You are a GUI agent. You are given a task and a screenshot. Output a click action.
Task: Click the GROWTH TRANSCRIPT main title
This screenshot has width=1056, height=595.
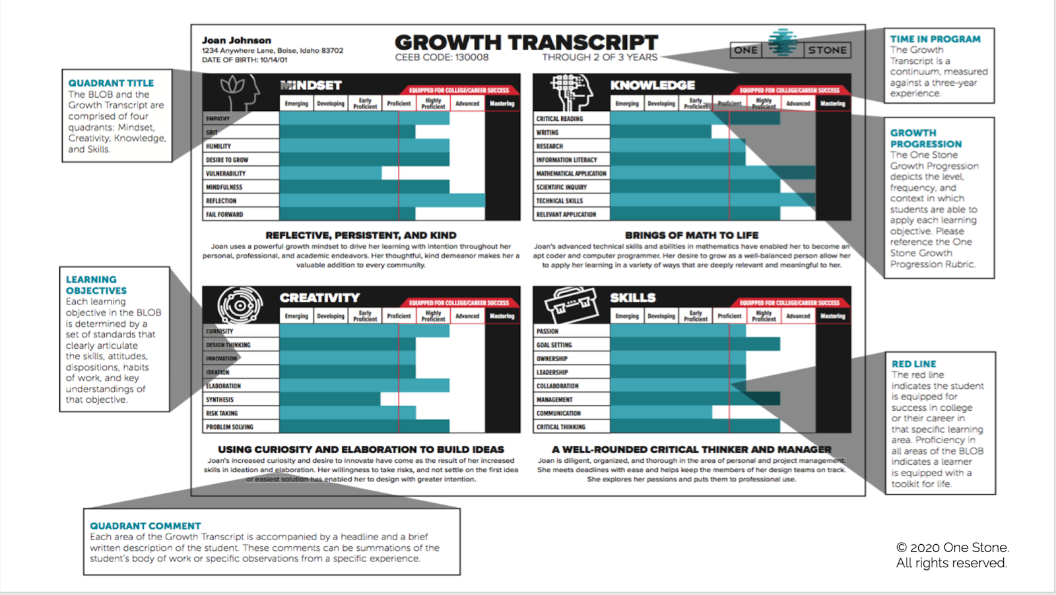click(x=526, y=42)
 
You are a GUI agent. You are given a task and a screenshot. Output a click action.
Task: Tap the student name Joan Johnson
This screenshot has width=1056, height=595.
click(x=236, y=40)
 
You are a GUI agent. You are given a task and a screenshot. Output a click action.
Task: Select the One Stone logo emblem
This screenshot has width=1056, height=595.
click(x=783, y=43)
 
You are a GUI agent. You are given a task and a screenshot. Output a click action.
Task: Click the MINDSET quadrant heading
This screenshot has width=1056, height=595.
click(x=311, y=85)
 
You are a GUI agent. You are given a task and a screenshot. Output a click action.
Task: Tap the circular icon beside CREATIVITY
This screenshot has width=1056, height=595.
click(x=240, y=305)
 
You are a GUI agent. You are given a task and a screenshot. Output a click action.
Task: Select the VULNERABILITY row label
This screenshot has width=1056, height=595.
click(x=226, y=174)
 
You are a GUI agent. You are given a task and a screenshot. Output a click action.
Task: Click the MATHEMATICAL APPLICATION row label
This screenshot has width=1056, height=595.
click(x=571, y=174)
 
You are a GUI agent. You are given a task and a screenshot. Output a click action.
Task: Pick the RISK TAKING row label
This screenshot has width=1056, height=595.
click(x=222, y=413)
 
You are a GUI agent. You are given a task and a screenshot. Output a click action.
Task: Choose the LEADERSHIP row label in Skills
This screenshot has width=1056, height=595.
click(x=552, y=372)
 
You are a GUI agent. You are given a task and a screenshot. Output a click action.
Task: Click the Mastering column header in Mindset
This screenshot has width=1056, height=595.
click(x=502, y=104)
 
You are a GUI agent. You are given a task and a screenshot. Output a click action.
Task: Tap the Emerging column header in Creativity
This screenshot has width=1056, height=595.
click(x=296, y=316)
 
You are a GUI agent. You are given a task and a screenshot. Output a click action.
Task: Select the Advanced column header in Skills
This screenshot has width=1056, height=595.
click(x=798, y=316)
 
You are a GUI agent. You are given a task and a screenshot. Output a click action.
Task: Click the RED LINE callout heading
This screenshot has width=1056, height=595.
click(x=913, y=364)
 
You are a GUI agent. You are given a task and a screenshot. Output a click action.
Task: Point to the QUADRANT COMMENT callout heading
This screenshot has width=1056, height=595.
click(x=145, y=526)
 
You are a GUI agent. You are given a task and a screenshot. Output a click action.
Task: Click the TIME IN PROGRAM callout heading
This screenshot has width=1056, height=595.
click(x=935, y=39)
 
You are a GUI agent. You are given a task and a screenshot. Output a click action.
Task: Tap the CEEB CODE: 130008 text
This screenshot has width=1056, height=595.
click(x=442, y=57)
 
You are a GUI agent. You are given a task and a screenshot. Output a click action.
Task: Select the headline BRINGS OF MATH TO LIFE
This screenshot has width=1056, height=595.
click(x=692, y=235)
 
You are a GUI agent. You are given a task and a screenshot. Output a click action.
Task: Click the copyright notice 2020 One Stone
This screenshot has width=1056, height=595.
click(x=952, y=547)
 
